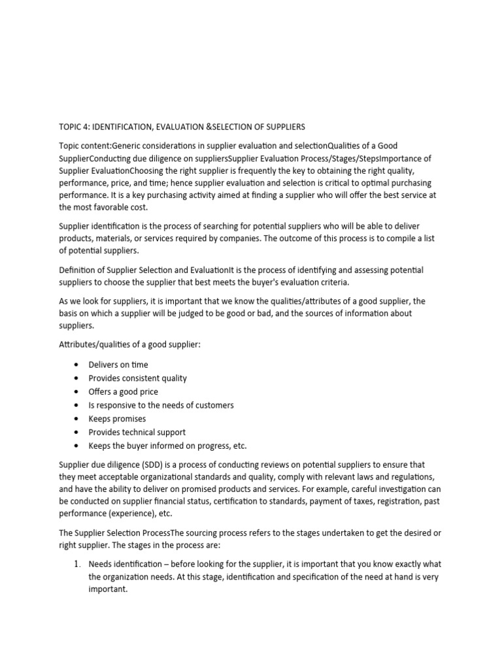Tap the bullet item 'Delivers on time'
point(118,365)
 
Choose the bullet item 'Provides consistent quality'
point(137,378)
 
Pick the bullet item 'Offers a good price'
point(124,392)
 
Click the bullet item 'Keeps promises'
point(117,419)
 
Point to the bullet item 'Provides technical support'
point(137,432)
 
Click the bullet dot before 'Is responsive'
point(77,406)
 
